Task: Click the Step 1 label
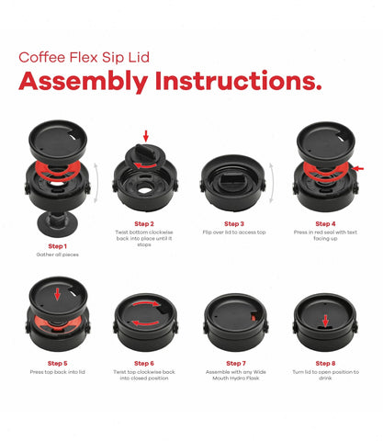(57, 245)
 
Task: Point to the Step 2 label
(145, 223)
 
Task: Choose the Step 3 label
(234, 223)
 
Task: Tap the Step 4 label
(324, 223)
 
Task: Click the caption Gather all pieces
(57, 254)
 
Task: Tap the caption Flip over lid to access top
(234, 233)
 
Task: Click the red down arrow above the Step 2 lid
(145, 136)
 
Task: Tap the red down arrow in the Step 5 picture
(57, 295)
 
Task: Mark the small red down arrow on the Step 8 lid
(324, 321)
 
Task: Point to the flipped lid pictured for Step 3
(234, 175)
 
